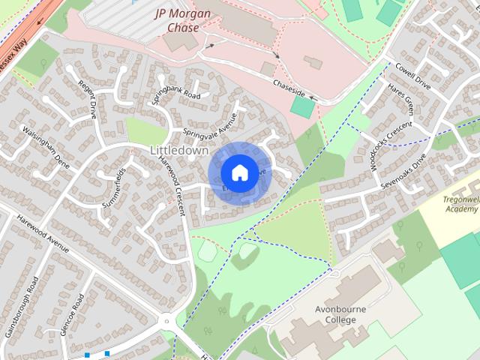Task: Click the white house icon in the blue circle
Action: point(238,172)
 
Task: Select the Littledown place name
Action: point(179,150)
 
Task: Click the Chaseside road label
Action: point(289,88)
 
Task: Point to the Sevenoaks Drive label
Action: point(403,172)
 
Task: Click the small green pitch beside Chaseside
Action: point(302,107)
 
